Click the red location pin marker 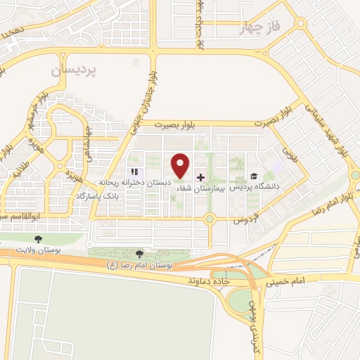click(x=181, y=165)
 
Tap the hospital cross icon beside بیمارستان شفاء click(x=201, y=177)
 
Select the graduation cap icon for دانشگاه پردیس click(x=253, y=176)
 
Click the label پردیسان click(x=77, y=72)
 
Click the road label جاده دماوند click(x=210, y=280)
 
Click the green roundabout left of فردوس click(x=209, y=219)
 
